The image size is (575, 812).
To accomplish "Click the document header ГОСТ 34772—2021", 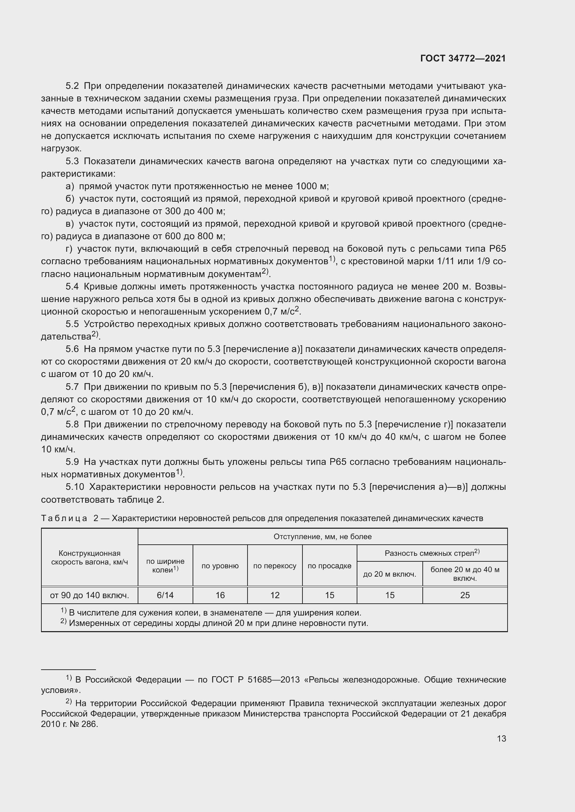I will click(x=463, y=58).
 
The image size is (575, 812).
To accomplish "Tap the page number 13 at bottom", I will click(x=501, y=738).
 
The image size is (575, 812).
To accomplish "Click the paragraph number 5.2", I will click(x=72, y=86).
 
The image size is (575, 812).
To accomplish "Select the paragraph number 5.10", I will click(x=75, y=487).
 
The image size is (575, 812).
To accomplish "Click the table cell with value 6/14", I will click(x=165, y=595).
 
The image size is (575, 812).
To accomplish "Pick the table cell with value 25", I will click(x=465, y=595).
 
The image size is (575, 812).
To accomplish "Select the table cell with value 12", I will click(x=275, y=595).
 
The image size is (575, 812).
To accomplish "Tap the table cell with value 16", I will click(x=220, y=595).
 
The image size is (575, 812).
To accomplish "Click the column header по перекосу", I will click(x=275, y=566).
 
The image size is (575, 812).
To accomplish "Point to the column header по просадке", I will click(x=329, y=566).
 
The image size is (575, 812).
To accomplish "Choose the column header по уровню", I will click(x=220, y=566).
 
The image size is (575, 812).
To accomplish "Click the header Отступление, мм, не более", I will click(x=323, y=536).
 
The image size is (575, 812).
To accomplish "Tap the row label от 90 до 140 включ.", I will click(x=90, y=595).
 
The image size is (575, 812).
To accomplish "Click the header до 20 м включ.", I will click(x=389, y=574).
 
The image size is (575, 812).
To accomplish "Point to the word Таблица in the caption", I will click(x=64, y=518).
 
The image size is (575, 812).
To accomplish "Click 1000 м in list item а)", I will click(x=311, y=186).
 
